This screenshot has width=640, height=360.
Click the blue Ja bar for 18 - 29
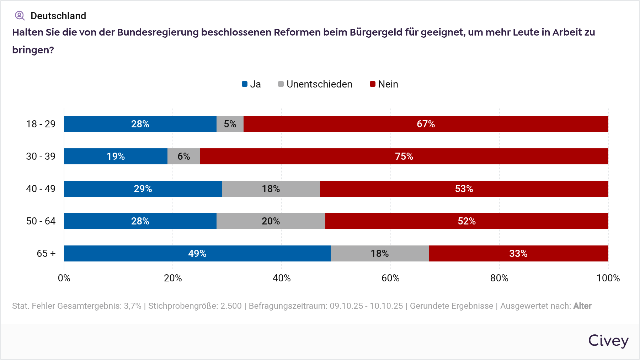click(140, 124)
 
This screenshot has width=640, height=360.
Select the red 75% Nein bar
click(404, 157)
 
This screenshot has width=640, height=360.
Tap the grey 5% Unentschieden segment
click(230, 124)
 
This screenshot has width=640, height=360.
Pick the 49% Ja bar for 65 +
click(197, 254)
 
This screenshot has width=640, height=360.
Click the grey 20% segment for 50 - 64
click(271, 221)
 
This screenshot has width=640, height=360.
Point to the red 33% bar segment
click(518, 254)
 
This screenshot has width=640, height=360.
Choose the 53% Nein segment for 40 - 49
click(464, 189)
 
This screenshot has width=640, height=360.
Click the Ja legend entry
click(251, 84)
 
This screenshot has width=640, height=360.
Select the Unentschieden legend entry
click(315, 84)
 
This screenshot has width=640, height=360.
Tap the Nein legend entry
click(384, 84)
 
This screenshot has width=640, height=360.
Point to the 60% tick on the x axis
click(390, 278)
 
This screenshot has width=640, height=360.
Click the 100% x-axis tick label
click(608, 278)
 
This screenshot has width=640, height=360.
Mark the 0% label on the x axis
click(64, 278)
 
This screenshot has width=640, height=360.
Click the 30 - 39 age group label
click(41, 157)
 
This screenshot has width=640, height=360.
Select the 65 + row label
click(46, 254)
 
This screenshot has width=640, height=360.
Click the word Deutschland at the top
click(58, 16)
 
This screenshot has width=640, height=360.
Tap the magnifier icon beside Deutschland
click(20, 16)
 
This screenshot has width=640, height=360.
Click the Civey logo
click(608, 341)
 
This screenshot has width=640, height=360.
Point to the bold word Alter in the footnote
click(582, 306)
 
